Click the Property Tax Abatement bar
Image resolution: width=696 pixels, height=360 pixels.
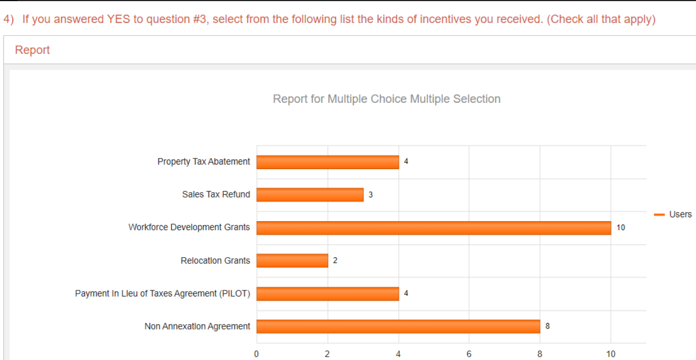pyautogui.click(x=327, y=162)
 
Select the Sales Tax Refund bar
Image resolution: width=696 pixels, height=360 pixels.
pyautogui.click(x=310, y=195)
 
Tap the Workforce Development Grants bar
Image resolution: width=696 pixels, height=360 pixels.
pyautogui.click(x=434, y=227)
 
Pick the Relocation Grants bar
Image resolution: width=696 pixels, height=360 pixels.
pyautogui.click(x=292, y=261)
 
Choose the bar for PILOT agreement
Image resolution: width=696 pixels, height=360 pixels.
pyautogui.click(x=327, y=294)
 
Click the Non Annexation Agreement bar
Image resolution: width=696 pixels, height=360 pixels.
pyautogui.click(x=398, y=326)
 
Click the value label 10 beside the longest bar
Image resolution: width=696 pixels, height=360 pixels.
pyautogui.click(x=620, y=227)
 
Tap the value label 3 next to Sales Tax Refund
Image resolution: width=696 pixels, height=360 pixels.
pyautogui.click(x=371, y=195)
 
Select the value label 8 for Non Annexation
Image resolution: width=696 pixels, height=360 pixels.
pyautogui.click(x=548, y=326)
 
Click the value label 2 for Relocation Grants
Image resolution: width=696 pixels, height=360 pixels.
pyautogui.click(x=335, y=261)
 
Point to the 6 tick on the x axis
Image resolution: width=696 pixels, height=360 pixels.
pyautogui.click(x=469, y=354)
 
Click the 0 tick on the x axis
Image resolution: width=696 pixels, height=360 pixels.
pyautogui.click(x=257, y=354)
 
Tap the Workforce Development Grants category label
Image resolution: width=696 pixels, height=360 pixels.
pyautogui.click(x=189, y=227)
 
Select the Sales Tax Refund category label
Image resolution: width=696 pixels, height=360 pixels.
pyautogui.click(x=216, y=194)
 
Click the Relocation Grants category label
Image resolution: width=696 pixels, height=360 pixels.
pyautogui.click(x=216, y=261)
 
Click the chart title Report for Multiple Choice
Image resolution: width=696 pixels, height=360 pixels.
pyautogui.click(x=386, y=99)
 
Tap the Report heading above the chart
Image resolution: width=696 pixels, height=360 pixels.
pyautogui.click(x=32, y=50)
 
